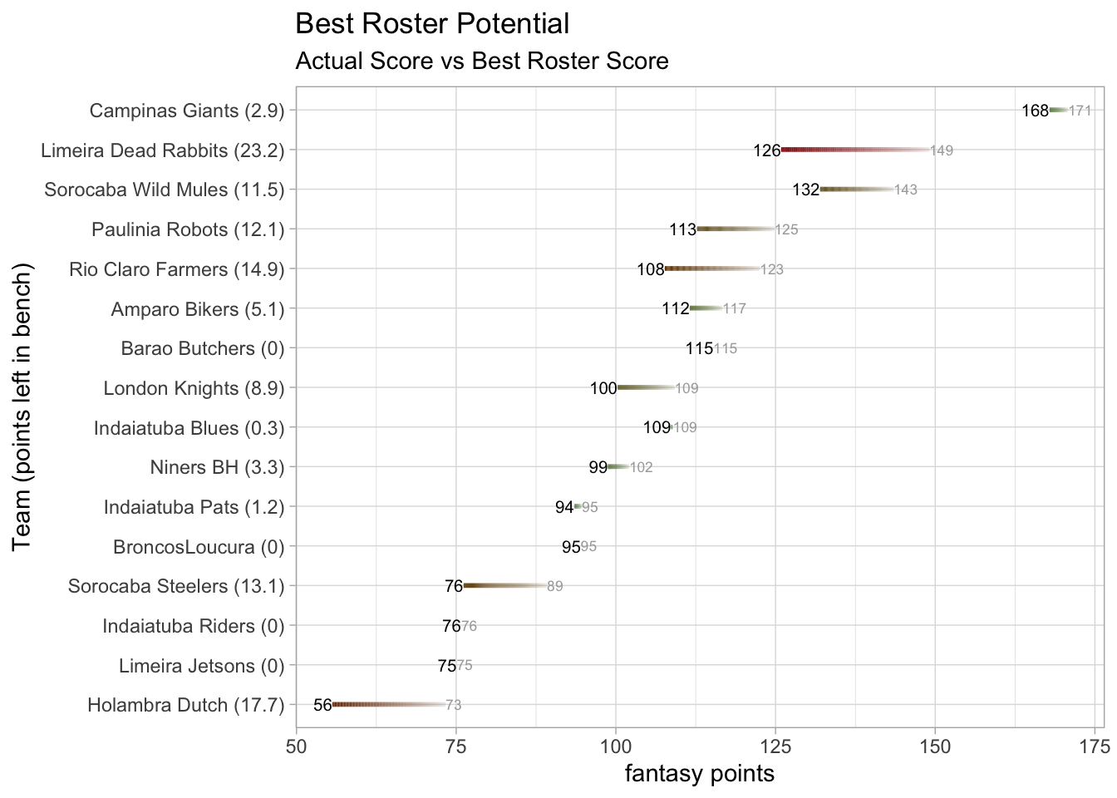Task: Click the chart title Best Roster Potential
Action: (432, 24)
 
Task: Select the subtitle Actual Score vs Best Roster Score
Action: (482, 62)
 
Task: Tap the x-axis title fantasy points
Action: (699, 774)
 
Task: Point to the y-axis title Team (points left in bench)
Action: (22, 406)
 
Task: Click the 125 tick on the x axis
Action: (775, 746)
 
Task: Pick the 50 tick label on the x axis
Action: (297, 746)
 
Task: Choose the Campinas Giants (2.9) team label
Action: (187, 111)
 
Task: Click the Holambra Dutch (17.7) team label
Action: (185, 706)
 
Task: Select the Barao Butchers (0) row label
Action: (203, 348)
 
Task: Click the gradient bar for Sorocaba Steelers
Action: (504, 586)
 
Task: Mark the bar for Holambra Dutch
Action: (388, 705)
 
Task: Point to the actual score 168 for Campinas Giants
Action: (1035, 111)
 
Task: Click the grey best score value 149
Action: (942, 151)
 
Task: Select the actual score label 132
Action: (805, 190)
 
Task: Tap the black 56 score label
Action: (322, 706)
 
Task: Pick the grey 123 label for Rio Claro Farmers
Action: (772, 269)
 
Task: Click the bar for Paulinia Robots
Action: (736, 229)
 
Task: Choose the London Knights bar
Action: (645, 388)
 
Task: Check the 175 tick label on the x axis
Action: (1095, 746)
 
